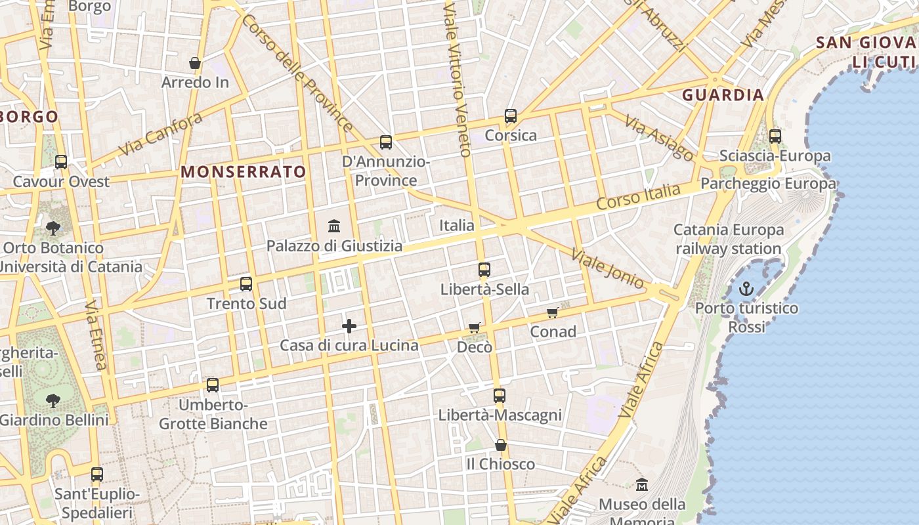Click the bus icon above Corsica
click(511, 116)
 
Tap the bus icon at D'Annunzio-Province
click(386, 142)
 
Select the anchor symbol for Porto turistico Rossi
click(746, 289)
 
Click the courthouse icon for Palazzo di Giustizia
click(334, 226)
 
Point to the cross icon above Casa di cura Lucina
click(349, 325)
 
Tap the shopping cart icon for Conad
click(553, 313)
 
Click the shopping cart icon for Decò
click(475, 327)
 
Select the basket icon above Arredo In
click(195, 63)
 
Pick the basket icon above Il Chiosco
click(501, 445)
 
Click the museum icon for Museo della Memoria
click(642, 485)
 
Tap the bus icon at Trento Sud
click(246, 284)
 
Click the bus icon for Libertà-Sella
click(484, 270)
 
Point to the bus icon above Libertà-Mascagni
click(500, 396)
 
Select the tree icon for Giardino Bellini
click(53, 400)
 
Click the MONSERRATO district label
click(244, 172)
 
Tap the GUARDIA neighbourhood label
click(723, 95)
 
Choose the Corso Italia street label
click(638, 197)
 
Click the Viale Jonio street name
click(607, 268)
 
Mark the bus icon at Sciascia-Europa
click(775, 136)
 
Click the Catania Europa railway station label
click(729, 240)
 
